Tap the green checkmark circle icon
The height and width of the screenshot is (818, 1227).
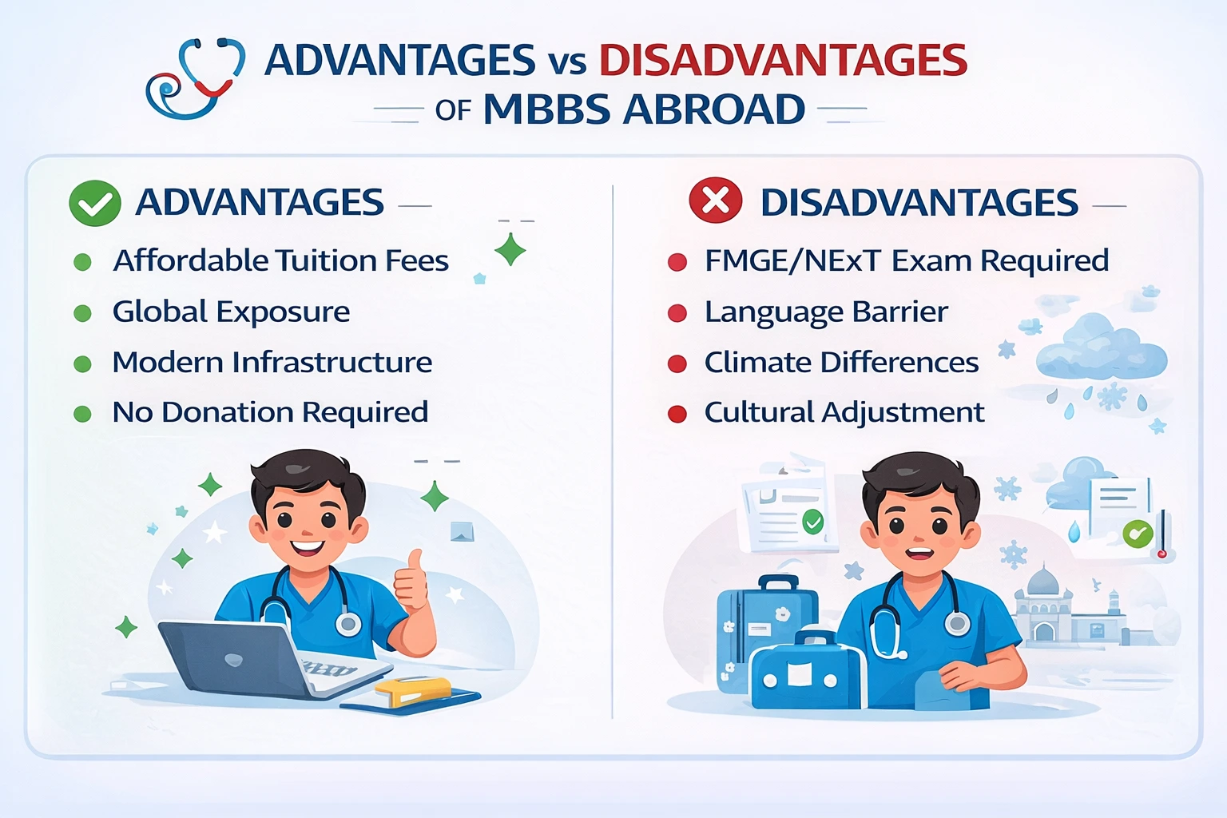95,203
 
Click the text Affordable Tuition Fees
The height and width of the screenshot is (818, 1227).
280,260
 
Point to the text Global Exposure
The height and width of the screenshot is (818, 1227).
231,312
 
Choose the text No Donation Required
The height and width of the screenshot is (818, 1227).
270,412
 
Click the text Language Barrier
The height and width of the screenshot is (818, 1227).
826,312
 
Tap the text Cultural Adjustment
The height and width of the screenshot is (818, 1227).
844,412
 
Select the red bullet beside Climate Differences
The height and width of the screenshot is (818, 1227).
677,363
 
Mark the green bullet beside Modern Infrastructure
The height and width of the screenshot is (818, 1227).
82,364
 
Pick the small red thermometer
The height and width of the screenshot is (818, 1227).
1162,534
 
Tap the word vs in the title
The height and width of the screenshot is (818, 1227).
566,62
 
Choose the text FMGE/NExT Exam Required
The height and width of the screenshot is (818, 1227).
906,260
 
